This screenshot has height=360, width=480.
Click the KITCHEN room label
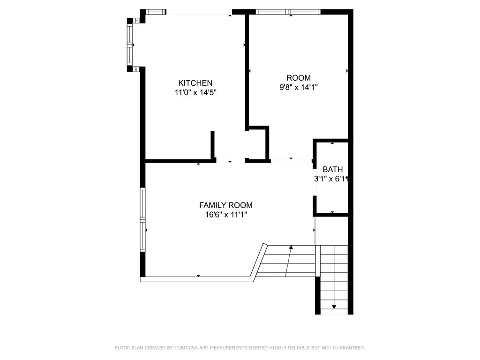(x=195, y=83)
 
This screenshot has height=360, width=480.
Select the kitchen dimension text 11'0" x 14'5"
(x=195, y=92)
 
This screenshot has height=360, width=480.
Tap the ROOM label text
(x=299, y=78)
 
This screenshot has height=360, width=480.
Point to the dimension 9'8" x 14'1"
(x=299, y=87)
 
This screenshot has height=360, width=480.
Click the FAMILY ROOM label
(x=226, y=205)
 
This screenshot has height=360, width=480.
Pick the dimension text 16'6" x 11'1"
(x=226, y=215)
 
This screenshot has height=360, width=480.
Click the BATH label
(x=333, y=169)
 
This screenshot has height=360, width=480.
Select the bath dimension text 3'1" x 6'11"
(x=331, y=179)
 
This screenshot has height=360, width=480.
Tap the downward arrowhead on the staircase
(x=334, y=307)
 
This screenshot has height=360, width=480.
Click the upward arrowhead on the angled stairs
(x=291, y=247)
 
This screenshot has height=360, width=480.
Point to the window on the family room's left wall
(x=142, y=219)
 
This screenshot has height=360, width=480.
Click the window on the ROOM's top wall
(x=288, y=12)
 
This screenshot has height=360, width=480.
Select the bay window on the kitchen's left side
(x=130, y=45)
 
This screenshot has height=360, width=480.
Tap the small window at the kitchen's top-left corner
(x=156, y=12)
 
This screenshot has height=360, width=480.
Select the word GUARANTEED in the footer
(x=349, y=348)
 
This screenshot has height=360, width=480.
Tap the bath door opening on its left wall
(x=315, y=182)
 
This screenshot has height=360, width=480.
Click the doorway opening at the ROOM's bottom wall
(x=291, y=161)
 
